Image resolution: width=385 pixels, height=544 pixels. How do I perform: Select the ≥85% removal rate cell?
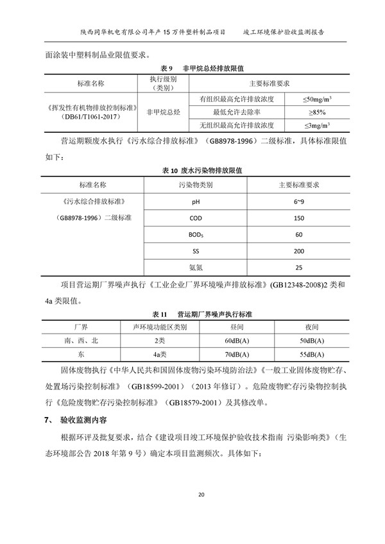(316, 112)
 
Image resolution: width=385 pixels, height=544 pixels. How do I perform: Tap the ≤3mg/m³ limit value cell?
(316, 124)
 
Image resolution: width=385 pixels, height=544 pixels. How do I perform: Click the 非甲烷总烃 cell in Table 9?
(164, 112)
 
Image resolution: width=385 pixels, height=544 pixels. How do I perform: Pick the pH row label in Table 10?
(196, 201)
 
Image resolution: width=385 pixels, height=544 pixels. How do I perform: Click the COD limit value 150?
(298, 218)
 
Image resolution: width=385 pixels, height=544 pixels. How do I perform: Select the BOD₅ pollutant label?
(196, 235)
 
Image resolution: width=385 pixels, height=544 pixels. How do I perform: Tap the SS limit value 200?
(298, 251)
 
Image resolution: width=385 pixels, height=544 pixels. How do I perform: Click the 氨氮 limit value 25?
(298, 268)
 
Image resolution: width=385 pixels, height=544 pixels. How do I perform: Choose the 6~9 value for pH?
(298, 201)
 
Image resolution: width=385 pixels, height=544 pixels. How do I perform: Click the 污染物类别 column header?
(196, 185)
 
